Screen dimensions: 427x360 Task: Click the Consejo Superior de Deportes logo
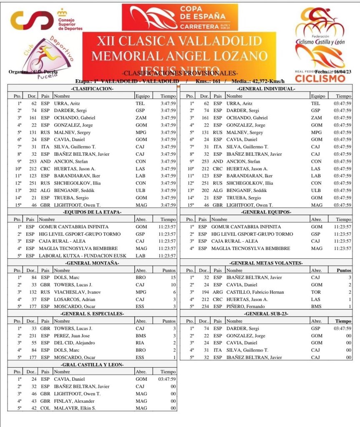point(46,20)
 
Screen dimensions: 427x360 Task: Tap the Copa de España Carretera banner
point(179,18)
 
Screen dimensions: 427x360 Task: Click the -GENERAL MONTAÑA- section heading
point(92,263)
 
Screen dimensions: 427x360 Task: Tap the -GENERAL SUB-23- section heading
point(266,314)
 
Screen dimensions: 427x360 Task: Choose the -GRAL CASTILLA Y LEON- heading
point(92,364)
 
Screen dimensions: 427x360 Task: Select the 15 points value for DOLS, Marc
point(173,278)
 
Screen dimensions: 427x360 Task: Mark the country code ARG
point(218,292)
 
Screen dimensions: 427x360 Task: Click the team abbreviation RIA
point(140,343)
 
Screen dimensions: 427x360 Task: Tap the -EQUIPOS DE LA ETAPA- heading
point(92,212)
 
